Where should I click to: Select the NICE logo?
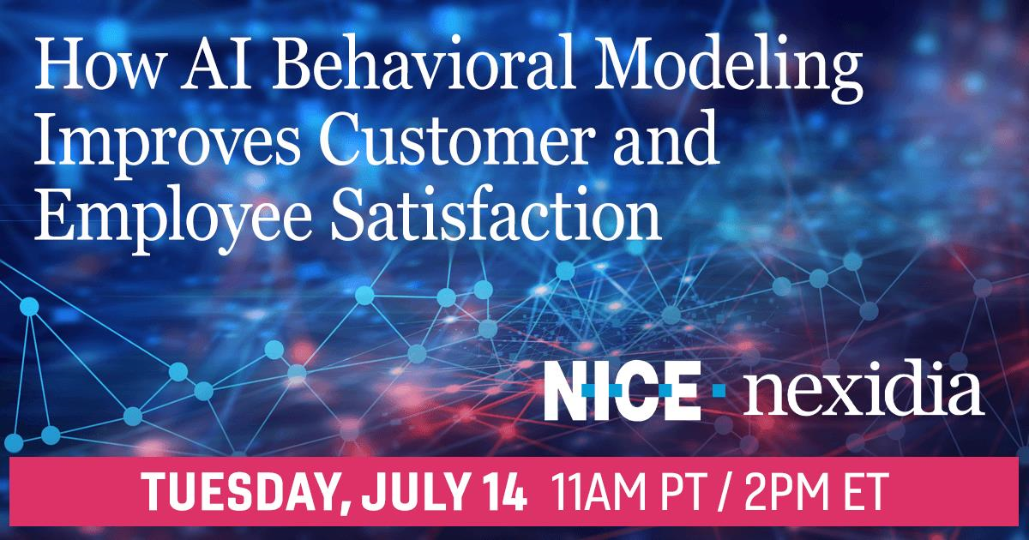623,390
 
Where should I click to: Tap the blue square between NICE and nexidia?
719,391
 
